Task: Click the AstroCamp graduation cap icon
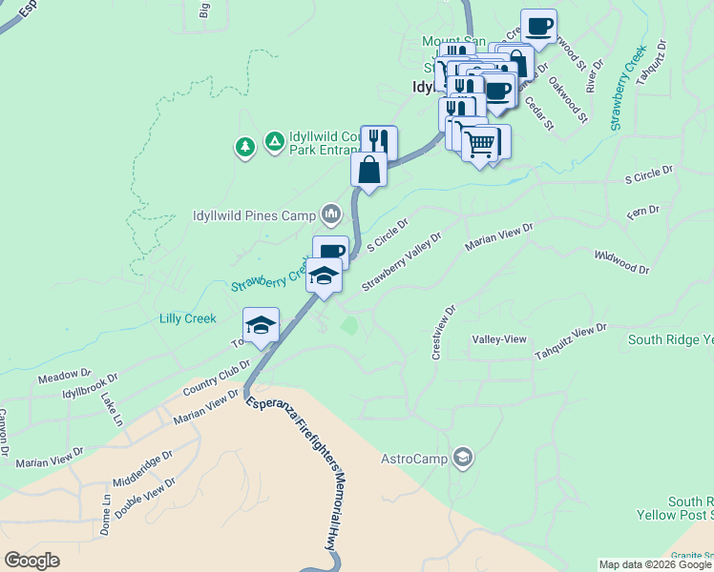point(463,459)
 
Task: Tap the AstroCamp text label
point(414,459)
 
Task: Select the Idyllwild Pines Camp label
point(254,215)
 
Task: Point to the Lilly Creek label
point(188,318)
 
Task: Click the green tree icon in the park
point(245,147)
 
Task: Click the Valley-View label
point(499,339)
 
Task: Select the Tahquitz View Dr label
point(570,342)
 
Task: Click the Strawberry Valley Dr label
point(402,262)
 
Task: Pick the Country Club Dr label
point(216,378)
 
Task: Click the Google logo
point(31,561)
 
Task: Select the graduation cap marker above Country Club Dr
point(261,325)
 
